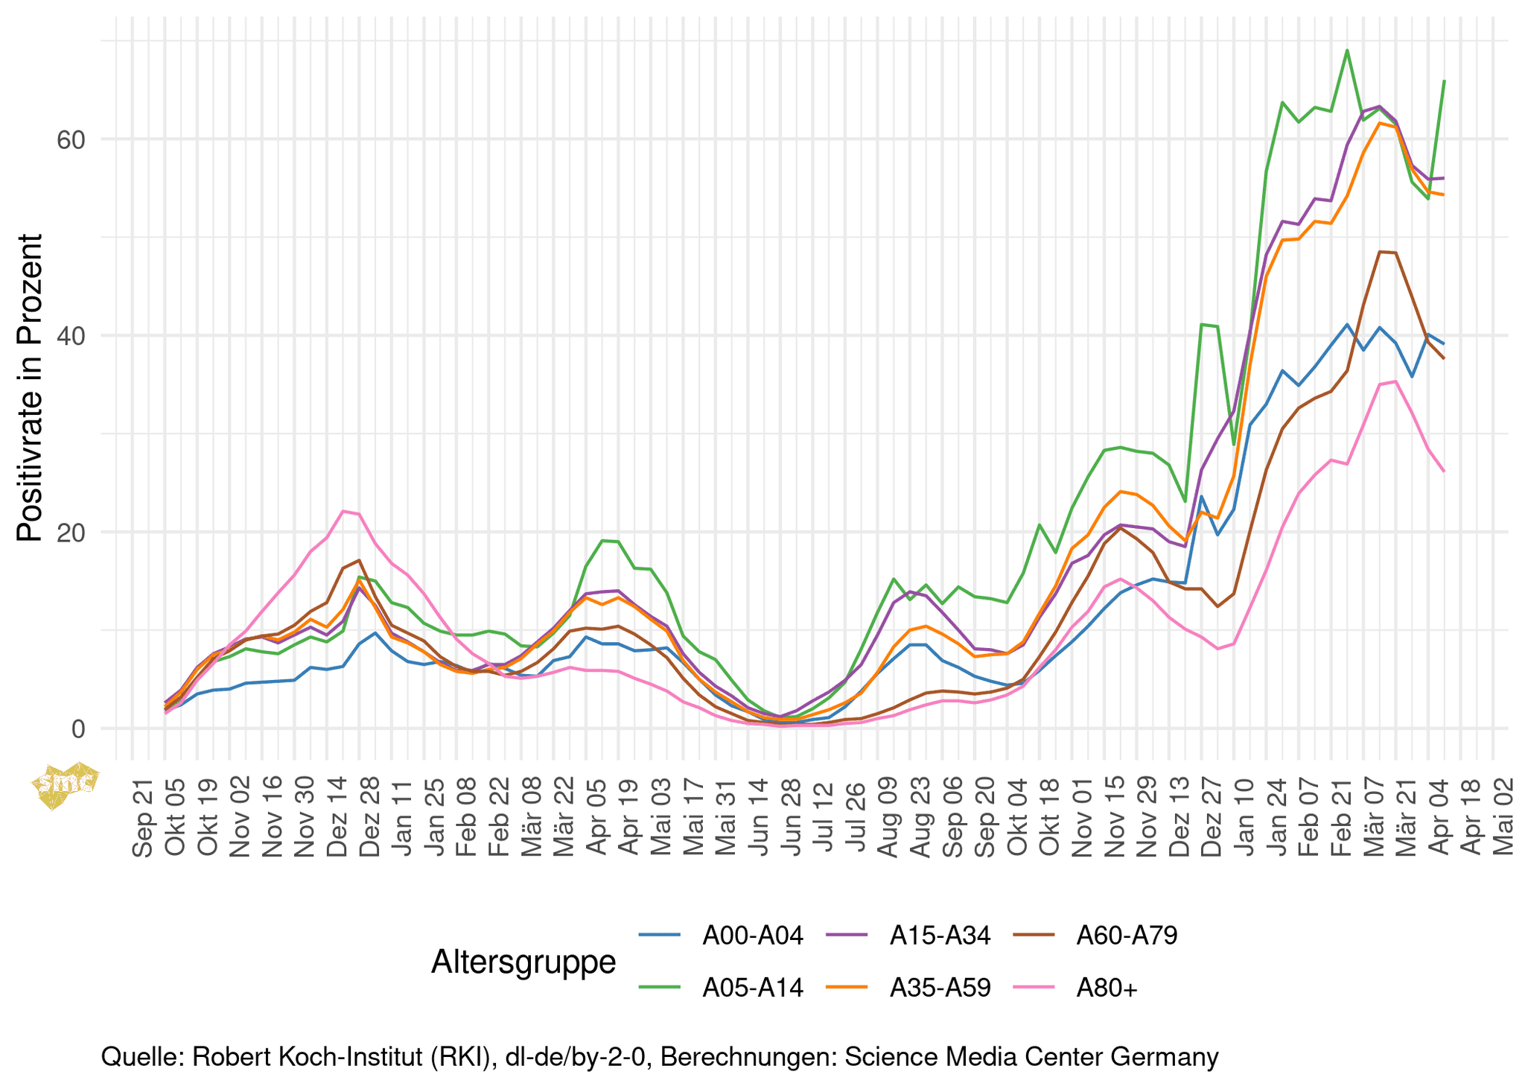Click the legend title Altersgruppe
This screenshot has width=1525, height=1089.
[523, 962]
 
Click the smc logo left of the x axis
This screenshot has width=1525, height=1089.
[66, 784]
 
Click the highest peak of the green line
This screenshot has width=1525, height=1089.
[1347, 51]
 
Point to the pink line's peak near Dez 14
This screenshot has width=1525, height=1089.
[343, 511]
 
